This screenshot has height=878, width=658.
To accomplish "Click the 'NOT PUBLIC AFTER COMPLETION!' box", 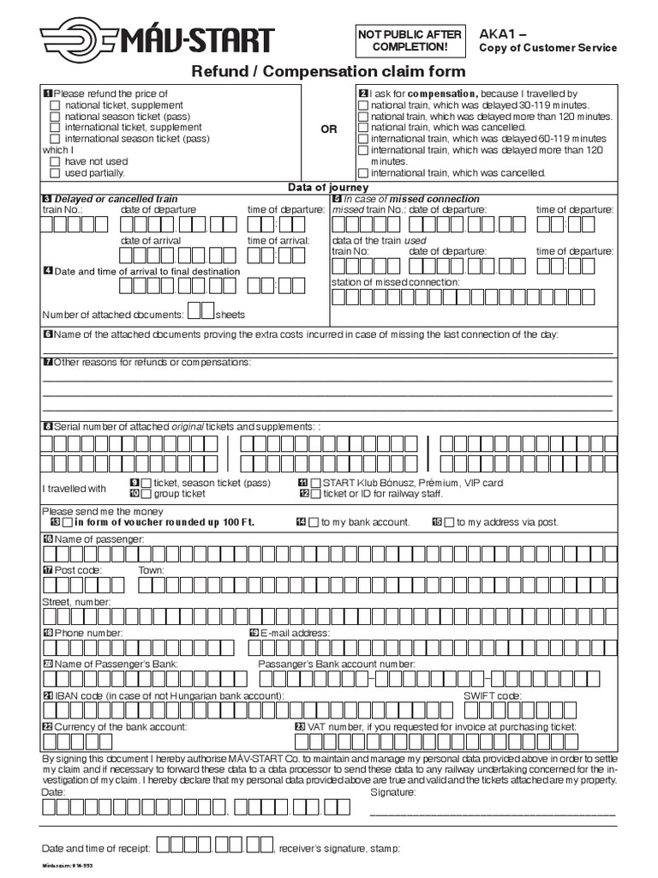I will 410,39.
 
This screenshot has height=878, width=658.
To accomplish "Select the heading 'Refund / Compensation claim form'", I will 328,72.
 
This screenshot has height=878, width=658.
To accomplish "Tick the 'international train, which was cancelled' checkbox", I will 363,172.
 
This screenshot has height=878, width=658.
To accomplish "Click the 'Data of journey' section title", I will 328,187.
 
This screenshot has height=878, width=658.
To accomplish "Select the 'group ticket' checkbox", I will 147,494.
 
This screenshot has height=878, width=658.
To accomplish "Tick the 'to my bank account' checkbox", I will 313,522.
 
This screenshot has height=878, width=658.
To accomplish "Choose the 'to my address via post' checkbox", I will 449,522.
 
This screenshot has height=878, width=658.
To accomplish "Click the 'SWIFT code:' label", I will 492,695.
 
